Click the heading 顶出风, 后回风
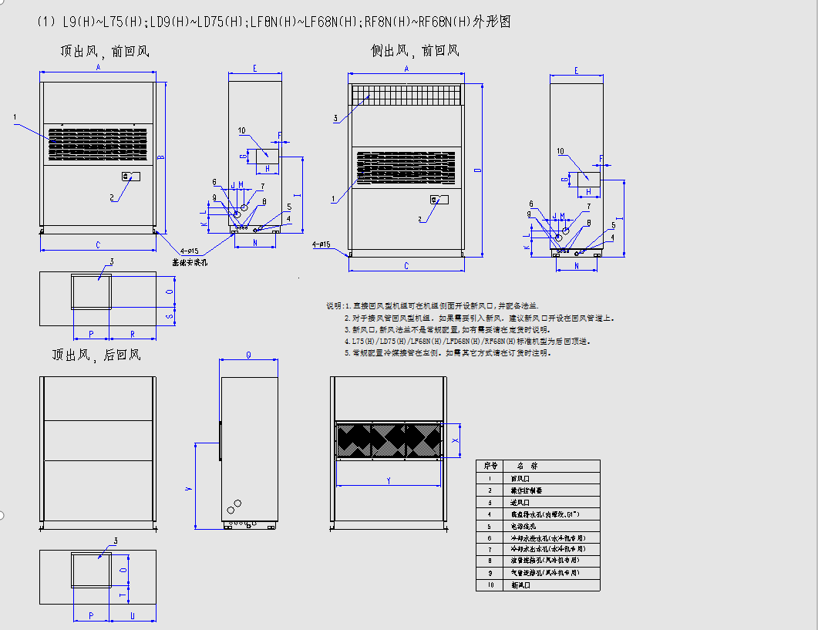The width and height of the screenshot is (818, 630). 96,355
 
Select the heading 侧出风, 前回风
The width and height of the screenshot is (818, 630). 415,52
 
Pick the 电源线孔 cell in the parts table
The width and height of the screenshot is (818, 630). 522,526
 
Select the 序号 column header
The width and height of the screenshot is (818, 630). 490,466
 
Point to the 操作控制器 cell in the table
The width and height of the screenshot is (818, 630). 527,490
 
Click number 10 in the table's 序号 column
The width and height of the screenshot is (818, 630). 490,585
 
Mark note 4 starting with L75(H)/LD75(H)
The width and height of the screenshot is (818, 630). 466,341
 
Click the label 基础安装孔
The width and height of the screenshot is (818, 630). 190,262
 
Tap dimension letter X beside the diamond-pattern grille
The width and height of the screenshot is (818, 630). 455,440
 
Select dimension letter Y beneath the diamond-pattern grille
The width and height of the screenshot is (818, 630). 389,480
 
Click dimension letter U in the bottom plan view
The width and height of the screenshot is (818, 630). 133,615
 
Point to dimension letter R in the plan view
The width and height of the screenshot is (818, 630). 133,335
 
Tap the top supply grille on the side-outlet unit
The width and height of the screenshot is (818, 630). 405,94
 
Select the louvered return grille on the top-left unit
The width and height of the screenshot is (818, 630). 97,143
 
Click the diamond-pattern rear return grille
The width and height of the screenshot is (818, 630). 389,440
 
